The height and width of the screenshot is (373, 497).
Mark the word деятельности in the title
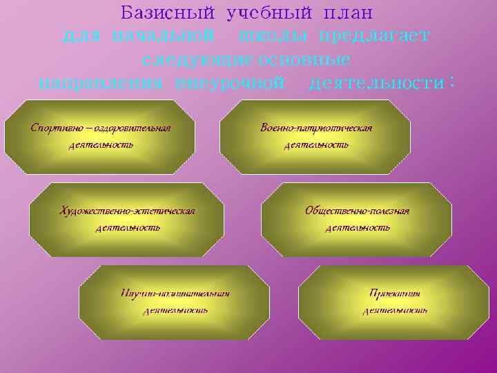376,83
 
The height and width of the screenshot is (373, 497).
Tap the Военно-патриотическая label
316,128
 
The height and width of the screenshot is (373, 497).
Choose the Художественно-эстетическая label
127,210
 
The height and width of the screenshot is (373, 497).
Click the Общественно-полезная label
358,210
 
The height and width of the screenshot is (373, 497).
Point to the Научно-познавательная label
175,293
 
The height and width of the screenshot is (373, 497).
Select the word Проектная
395,293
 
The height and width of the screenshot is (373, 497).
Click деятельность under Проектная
395,310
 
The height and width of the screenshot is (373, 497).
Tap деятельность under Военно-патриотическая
316,145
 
